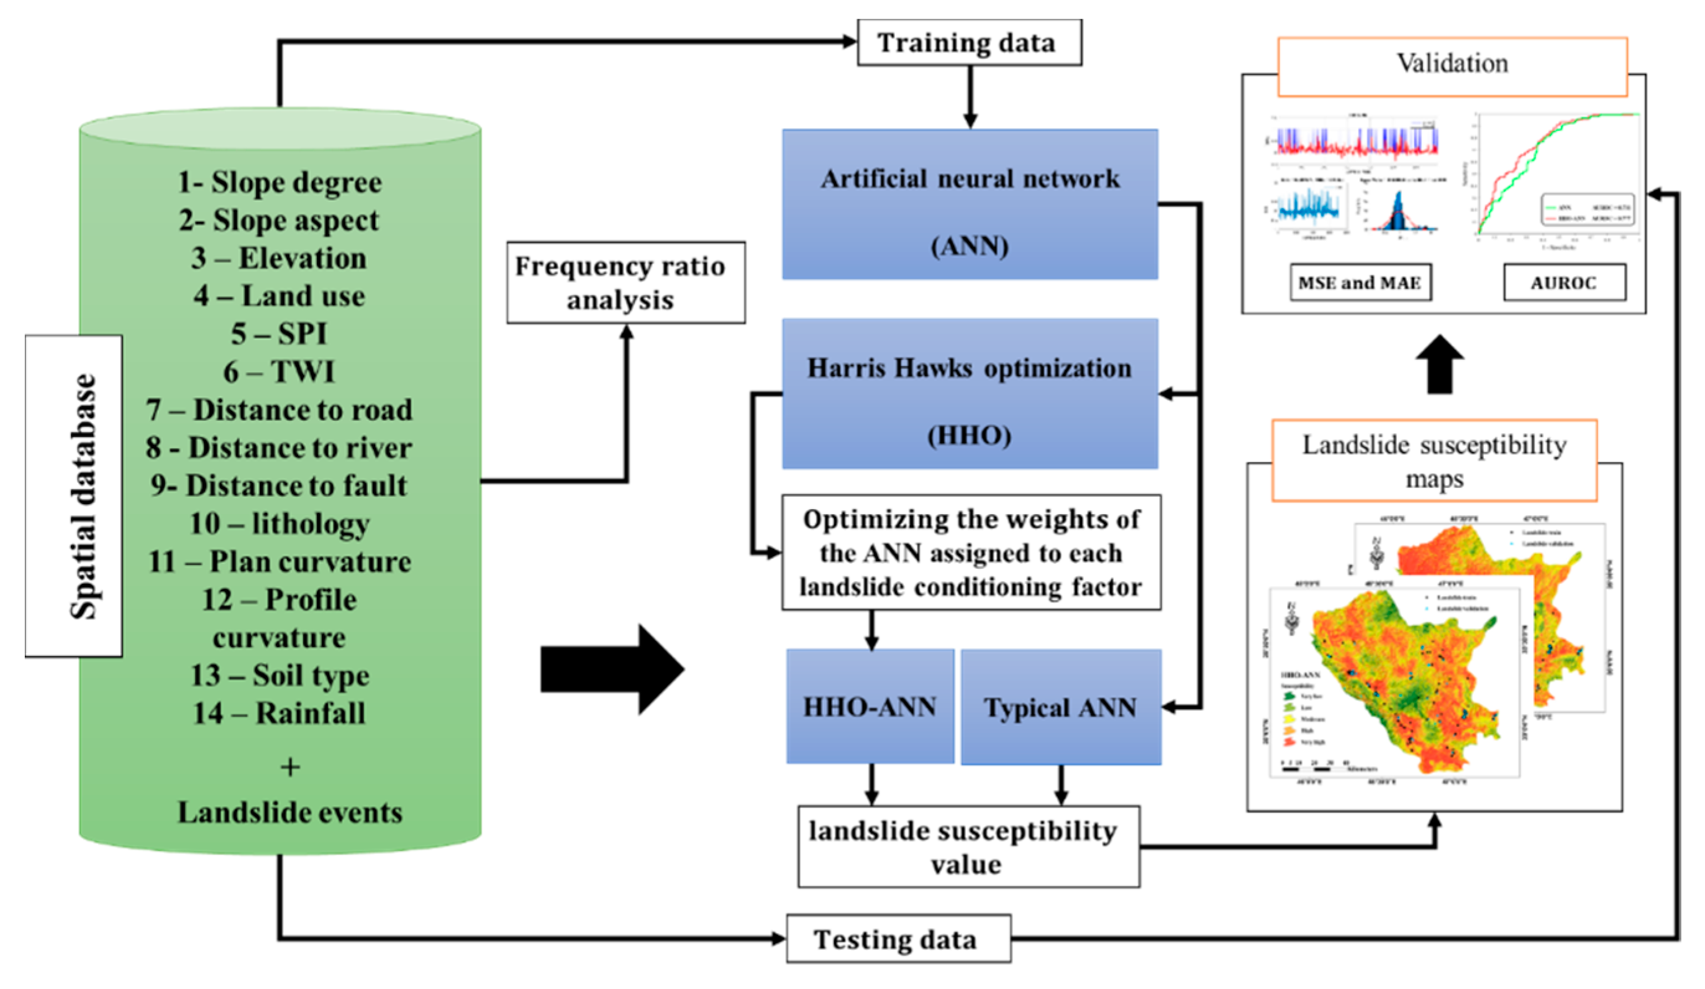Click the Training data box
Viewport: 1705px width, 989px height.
click(x=969, y=43)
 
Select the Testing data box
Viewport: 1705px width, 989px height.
click(x=898, y=939)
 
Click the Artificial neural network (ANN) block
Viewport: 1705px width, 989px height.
click(x=970, y=205)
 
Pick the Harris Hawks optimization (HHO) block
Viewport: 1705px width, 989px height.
click(x=970, y=393)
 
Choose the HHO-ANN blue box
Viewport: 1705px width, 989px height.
click(x=870, y=707)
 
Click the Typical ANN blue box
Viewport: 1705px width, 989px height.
click(x=1060, y=707)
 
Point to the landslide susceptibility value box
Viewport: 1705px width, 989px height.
click(x=968, y=846)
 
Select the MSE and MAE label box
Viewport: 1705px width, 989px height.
click(x=1360, y=282)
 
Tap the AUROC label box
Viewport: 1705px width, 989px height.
click(x=1563, y=282)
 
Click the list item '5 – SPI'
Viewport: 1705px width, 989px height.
click(x=279, y=334)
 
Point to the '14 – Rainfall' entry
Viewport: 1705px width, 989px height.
click(x=279, y=713)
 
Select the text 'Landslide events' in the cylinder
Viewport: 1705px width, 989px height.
click(x=289, y=812)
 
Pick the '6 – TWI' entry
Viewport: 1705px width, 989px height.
click(x=279, y=372)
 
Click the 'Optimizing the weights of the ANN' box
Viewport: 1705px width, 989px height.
click(x=971, y=553)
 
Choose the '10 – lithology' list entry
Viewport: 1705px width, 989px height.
click(x=279, y=523)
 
